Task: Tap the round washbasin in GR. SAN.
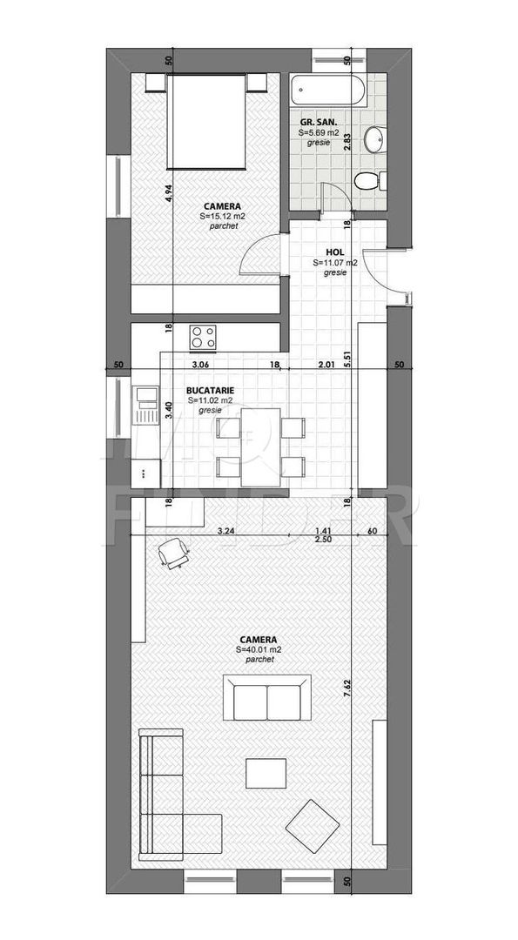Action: pyautogui.click(x=374, y=138)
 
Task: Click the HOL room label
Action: pyautogui.click(x=335, y=251)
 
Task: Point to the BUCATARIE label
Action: pyautogui.click(x=210, y=391)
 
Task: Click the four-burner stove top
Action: pyautogui.click(x=204, y=336)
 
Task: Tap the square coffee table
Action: pyautogui.click(x=266, y=773)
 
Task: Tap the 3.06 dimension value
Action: pyautogui.click(x=202, y=366)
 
